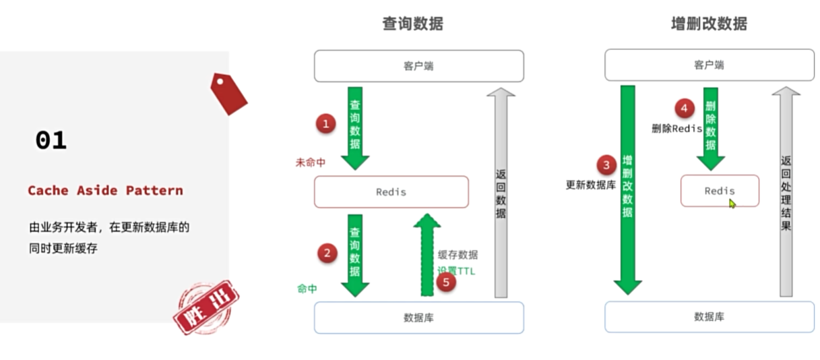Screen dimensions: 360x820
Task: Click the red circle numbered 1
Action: (326, 123)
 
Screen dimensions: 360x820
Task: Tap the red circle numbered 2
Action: (327, 253)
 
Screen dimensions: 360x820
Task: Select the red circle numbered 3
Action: (606, 164)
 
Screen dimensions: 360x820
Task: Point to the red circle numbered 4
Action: (685, 107)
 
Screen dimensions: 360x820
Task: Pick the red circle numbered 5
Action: (445, 281)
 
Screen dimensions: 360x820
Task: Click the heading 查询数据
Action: (413, 24)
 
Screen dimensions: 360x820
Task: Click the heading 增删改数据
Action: (709, 24)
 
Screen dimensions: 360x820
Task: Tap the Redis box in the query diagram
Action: (391, 192)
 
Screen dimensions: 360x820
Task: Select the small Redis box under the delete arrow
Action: (720, 191)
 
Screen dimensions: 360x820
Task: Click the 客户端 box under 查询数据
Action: (418, 66)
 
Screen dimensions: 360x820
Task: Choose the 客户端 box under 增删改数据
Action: (709, 65)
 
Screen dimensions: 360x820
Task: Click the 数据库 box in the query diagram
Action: (418, 318)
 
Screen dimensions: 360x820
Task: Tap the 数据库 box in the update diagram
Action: (709, 317)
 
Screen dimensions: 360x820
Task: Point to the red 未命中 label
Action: (311, 162)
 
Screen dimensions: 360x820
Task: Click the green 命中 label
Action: (307, 289)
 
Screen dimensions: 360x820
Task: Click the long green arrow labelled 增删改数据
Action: (628, 189)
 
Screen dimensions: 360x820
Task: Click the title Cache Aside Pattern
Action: (105, 191)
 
